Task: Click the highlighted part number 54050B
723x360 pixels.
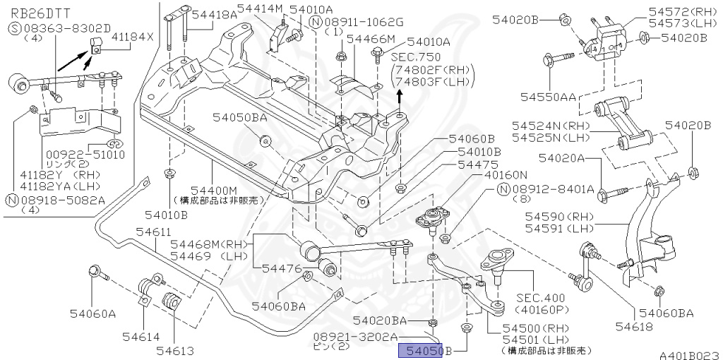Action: coord(422,350)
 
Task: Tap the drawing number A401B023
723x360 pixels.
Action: coord(688,354)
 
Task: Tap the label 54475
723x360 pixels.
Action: coord(479,164)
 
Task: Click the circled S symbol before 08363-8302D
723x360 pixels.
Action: coord(15,28)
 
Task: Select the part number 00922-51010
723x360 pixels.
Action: coord(76,155)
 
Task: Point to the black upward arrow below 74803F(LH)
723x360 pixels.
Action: coord(400,95)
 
